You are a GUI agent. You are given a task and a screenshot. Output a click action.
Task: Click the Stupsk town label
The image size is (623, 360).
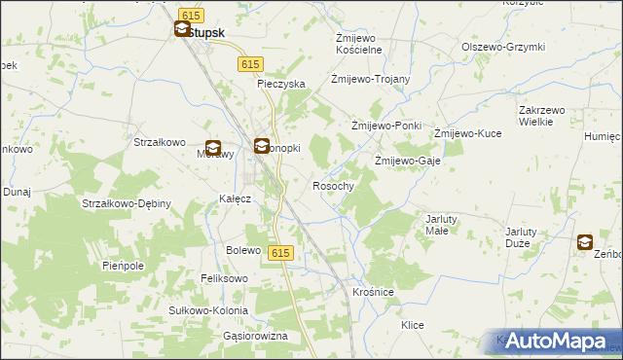click(x=205, y=32)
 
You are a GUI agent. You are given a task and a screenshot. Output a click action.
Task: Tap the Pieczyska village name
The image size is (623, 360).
click(x=281, y=84)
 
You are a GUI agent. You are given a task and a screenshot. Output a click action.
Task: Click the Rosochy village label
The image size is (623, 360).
click(x=333, y=185)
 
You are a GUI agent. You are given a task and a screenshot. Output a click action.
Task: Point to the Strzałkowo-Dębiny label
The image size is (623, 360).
click(x=127, y=203)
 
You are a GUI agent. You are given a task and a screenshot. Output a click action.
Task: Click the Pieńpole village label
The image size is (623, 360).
click(x=123, y=265)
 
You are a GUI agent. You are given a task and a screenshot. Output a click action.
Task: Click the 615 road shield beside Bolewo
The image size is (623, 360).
click(x=279, y=253)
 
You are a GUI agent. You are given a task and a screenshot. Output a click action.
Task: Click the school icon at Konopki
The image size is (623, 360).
click(x=262, y=147)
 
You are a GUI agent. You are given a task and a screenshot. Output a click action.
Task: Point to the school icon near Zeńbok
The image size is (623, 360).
click(x=585, y=242)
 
